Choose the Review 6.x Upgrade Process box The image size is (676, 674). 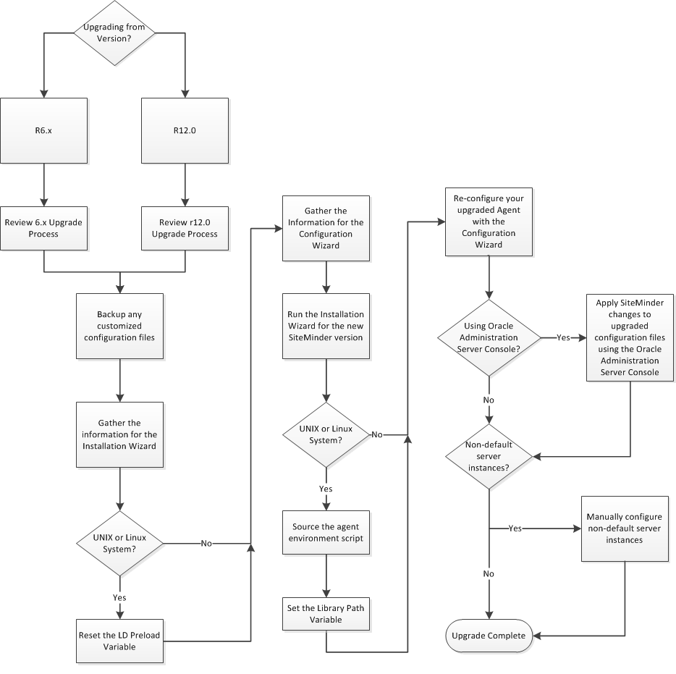[x=44, y=227]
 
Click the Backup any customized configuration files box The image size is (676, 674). [x=120, y=326]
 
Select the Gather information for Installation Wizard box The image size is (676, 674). [x=120, y=434]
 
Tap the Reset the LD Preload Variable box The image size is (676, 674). [x=120, y=640]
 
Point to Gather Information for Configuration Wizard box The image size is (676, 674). [x=326, y=229]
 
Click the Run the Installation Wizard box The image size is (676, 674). [x=326, y=326]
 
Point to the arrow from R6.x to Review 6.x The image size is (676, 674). [x=44, y=184]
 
